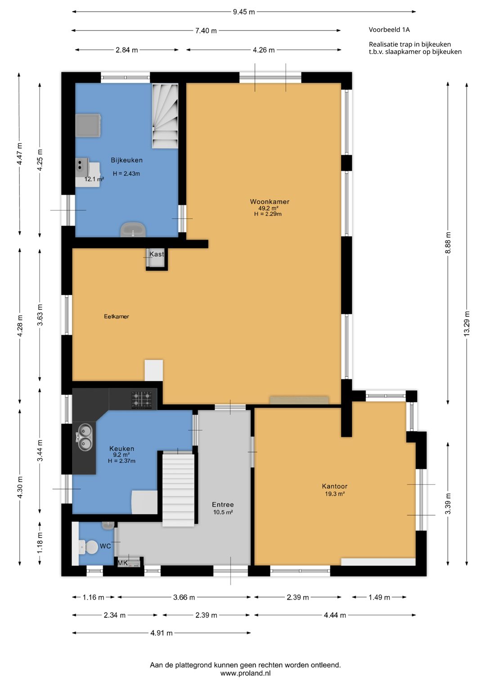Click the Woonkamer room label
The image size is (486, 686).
click(x=270, y=201)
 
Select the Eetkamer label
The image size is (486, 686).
click(x=117, y=316)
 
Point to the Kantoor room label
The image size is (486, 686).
click(x=334, y=486)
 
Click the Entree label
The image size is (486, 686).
click(x=223, y=504)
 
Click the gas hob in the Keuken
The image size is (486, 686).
click(x=142, y=400)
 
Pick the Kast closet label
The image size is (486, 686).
click(x=157, y=254)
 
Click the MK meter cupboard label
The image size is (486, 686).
click(x=122, y=563)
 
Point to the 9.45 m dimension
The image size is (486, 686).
click(x=244, y=12)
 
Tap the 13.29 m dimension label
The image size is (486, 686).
click(x=466, y=324)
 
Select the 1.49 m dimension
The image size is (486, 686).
click(x=379, y=597)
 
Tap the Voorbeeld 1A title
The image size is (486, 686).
click(x=389, y=30)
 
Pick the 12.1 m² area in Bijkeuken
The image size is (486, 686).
click(x=94, y=179)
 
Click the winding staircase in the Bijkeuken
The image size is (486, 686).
click(x=165, y=116)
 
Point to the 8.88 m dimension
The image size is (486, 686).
click(x=448, y=243)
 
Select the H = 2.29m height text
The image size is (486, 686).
click(x=268, y=214)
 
